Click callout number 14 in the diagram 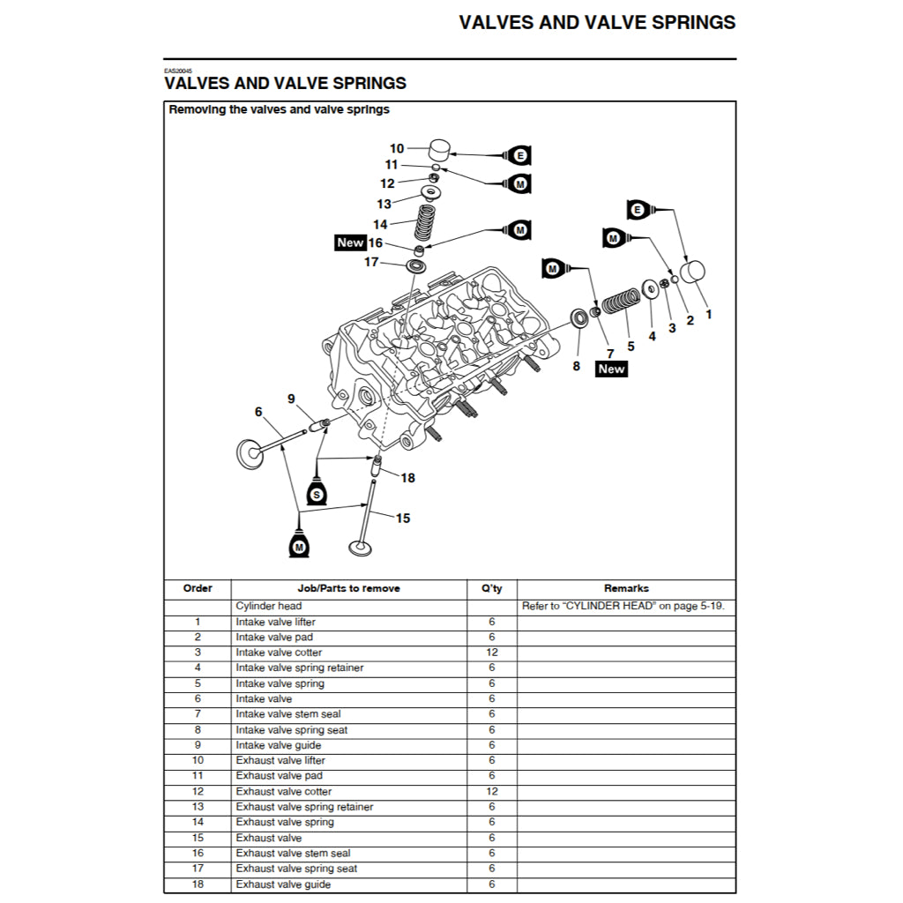point(380,225)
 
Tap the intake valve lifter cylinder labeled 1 point(692,274)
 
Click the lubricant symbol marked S point(316,493)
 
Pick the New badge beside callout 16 point(350,243)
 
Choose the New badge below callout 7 point(611,369)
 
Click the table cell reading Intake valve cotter point(279,653)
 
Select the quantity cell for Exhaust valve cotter point(491,792)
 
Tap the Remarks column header point(626,588)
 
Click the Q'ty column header point(491,588)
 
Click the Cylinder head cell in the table point(269,606)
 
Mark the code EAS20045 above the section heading point(178,71)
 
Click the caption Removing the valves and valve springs point(280,110)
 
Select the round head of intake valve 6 point(250,454)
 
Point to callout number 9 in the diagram point(291,399)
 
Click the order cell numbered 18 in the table point(198,884)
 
